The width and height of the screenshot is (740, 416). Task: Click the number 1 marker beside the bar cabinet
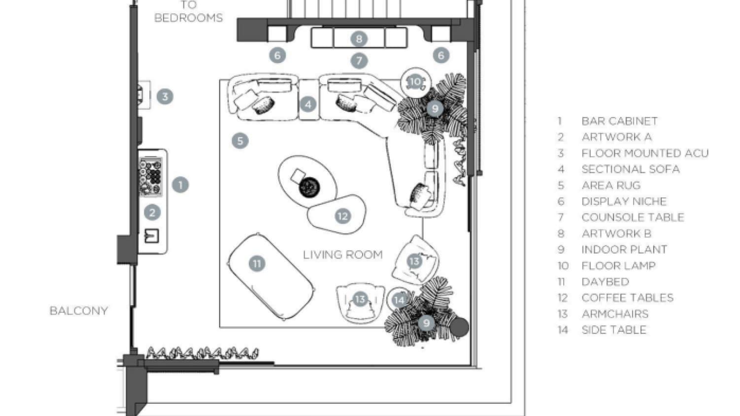(x=180, y=185)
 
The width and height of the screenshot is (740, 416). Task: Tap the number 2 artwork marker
(x=152, y=212)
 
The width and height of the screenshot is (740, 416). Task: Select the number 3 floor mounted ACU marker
(x=165, y=96)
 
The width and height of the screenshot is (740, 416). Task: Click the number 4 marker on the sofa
(x=308, y=104)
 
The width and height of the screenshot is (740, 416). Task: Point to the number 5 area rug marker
(x=240, y=141)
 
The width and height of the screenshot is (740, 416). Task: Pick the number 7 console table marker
(x=359, y=61)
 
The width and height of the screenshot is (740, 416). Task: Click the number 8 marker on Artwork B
(x=359, y=38)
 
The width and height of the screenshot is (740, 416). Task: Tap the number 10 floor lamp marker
(x=415, y=82)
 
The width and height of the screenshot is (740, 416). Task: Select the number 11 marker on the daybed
(x=257, y=263)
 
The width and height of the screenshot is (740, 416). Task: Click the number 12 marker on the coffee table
(x=342, y=216)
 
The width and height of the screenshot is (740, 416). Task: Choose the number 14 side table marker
(x=399, y=299)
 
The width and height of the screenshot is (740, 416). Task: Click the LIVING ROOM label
(x=342, y=255)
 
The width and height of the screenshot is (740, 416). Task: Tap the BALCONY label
(x=78, y=311)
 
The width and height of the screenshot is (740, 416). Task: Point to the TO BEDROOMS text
(x=188, y=12)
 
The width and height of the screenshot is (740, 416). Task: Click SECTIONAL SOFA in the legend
(x=630, y=169)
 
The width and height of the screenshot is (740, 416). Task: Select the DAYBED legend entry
(x=605, y=282)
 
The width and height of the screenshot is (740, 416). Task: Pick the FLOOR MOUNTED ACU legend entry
(x=644, y=153)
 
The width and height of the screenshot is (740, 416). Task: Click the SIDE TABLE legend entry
(x=613, y=330)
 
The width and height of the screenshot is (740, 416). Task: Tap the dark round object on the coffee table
(x=310, y=187)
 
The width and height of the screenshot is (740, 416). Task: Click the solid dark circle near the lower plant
(x=459, y=327)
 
